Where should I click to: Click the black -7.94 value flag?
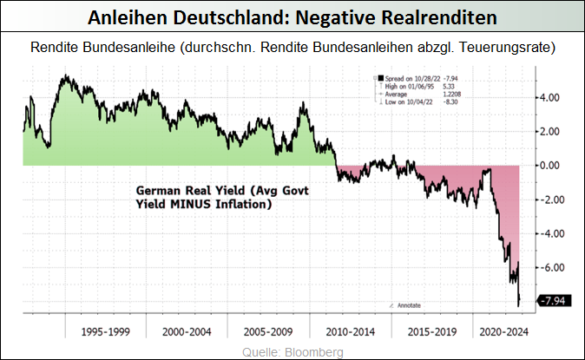point(553,301)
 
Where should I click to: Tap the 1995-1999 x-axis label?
point(105,331)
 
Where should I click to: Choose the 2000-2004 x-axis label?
point(187,331)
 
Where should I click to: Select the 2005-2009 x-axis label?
point(268,331)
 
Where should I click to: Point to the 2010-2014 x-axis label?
point(350,331)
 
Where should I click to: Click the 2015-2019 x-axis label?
point(431,331)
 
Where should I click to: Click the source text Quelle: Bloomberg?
point(292,351)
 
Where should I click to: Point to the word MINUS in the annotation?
point(201,205)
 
